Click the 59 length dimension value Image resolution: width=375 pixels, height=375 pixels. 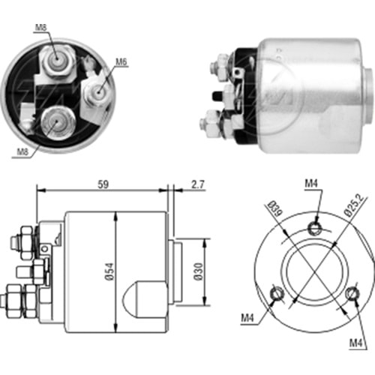(x=103, y=184)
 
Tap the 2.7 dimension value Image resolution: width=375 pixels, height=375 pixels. (x=198, y=184)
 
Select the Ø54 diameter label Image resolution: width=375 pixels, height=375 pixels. (x=109, y=271)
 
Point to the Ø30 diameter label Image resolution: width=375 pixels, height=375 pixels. (x=199, y=271)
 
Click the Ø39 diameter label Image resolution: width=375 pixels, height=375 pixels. (x=276, y=208)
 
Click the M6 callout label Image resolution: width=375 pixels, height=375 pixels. (x=121, y=61)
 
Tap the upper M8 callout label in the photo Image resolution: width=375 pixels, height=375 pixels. (x=41, y=27)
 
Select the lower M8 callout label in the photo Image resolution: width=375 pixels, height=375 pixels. (x=22, y=151)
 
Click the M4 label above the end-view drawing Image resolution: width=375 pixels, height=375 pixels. (x=311, y=184)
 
